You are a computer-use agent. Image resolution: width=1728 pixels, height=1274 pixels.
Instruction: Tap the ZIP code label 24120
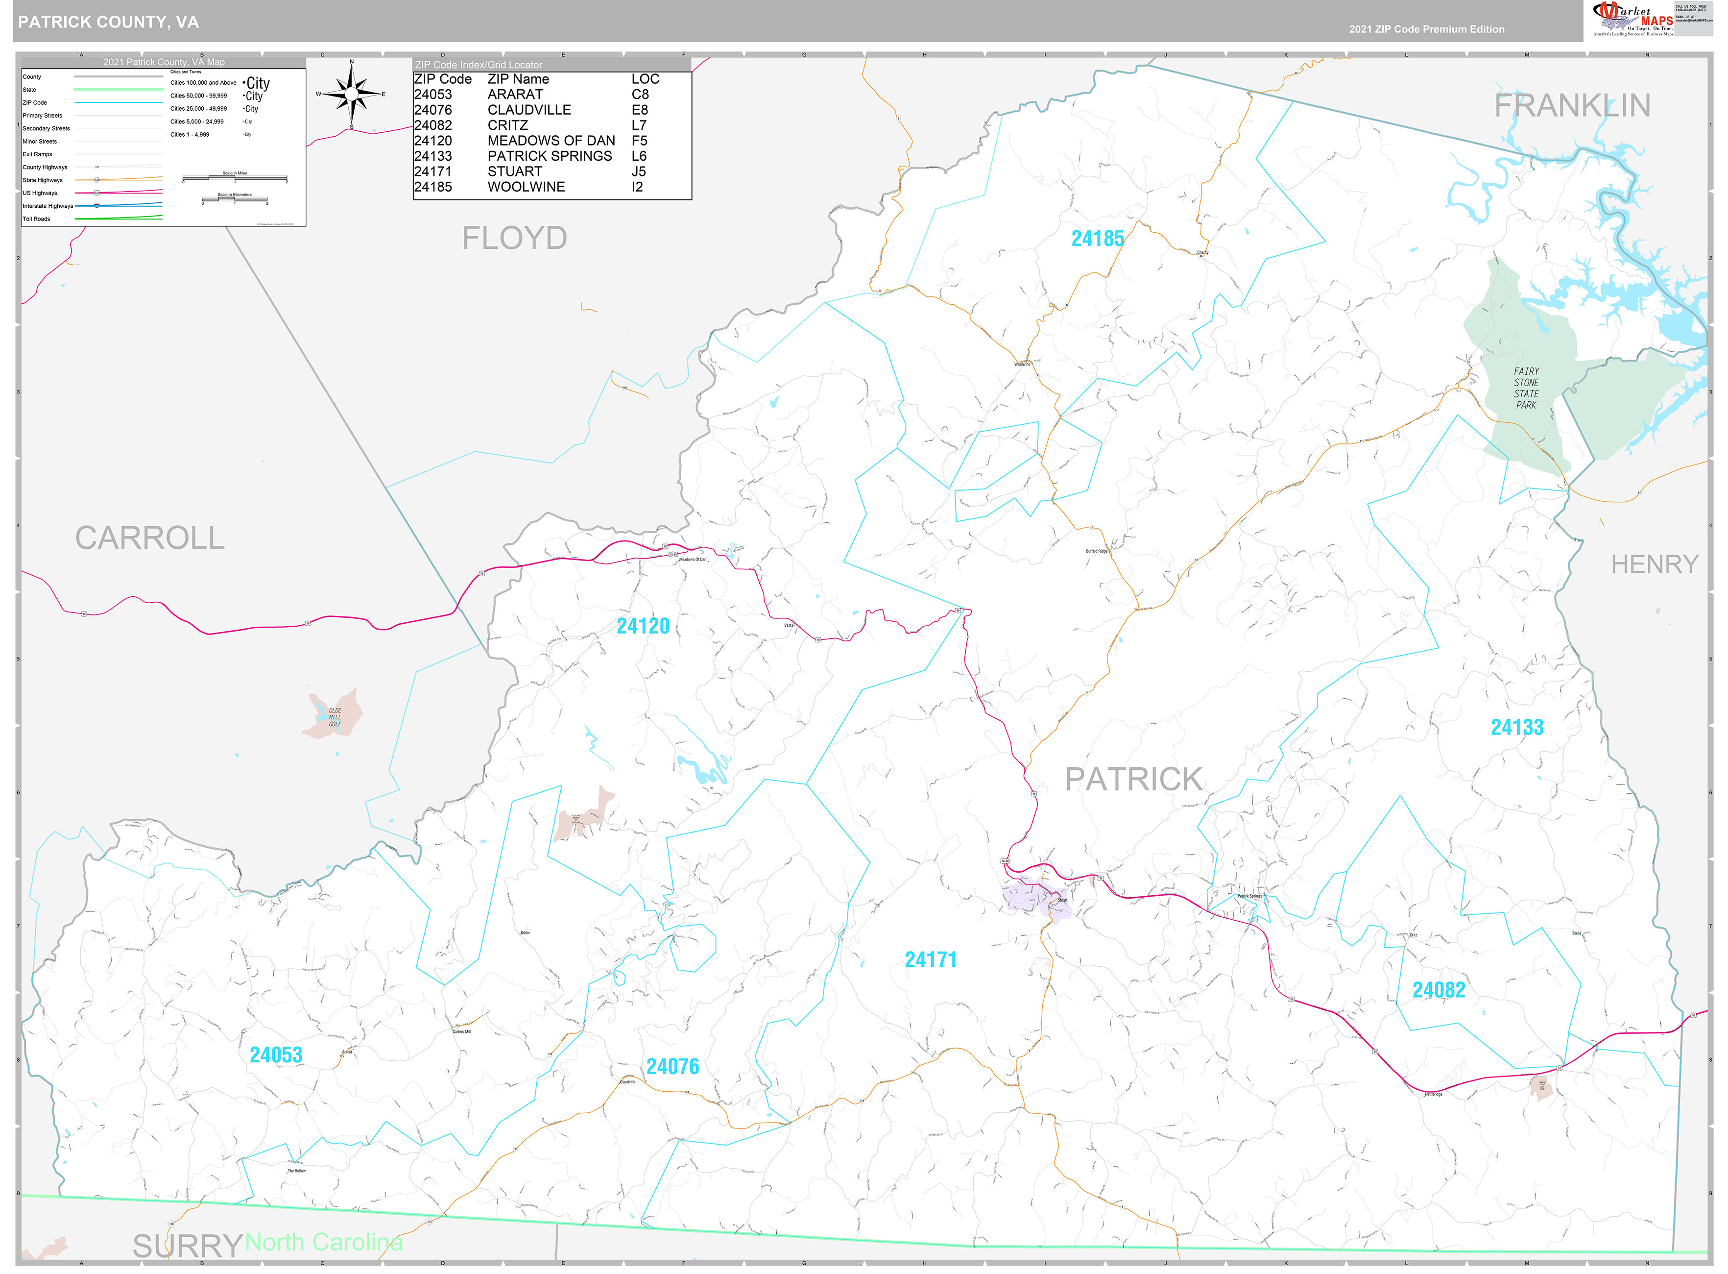[642, 626]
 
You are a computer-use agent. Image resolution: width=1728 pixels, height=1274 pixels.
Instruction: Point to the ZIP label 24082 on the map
[1438, 990]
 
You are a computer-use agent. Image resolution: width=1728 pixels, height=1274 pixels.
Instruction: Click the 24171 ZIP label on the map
[930, 960]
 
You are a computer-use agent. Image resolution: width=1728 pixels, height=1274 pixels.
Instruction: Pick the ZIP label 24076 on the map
[672, 1067]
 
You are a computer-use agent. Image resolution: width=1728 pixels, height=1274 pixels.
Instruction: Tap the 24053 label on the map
[276, 1055]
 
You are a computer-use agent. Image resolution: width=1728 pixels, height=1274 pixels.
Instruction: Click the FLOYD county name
[514, 238]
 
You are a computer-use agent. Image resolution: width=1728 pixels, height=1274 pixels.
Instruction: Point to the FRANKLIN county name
[1572, 106]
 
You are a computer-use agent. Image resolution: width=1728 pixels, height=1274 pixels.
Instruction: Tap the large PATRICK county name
[1133, 780]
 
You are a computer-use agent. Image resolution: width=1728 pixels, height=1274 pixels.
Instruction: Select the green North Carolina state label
[324, 1242]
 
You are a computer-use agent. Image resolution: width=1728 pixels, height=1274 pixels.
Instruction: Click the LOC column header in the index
[645, 79]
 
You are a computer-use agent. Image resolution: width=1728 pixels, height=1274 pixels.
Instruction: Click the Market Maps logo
[1632, 19]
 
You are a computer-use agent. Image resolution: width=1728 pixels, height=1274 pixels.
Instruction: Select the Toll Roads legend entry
[36, 219]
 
